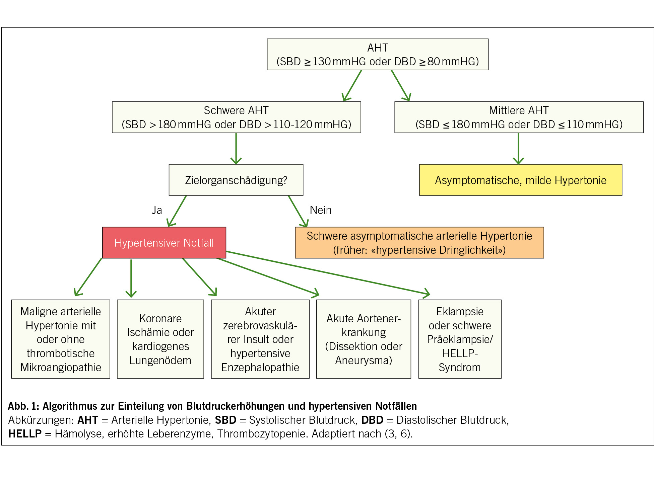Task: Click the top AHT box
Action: [378, 55]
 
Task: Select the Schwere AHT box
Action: [236, 117]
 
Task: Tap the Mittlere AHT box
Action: [519, 117]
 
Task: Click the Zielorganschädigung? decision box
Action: [236, 180]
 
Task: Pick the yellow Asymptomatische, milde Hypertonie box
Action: [521, 180]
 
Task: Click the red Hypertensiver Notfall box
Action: [164, 243]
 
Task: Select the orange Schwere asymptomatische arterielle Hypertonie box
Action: [419, 243]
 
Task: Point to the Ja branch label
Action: [157, 210]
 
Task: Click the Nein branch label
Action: [321, 210]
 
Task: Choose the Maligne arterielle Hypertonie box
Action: [61, 339]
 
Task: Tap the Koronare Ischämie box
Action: [160, 339]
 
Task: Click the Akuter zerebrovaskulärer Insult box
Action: [260, 339]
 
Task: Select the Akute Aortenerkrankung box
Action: [364, 339]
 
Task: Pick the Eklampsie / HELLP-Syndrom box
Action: [460, 339]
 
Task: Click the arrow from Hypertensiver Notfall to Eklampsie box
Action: [328, 273]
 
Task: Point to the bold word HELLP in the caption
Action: [25, 434]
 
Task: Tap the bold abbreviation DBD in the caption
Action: [372, 420]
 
